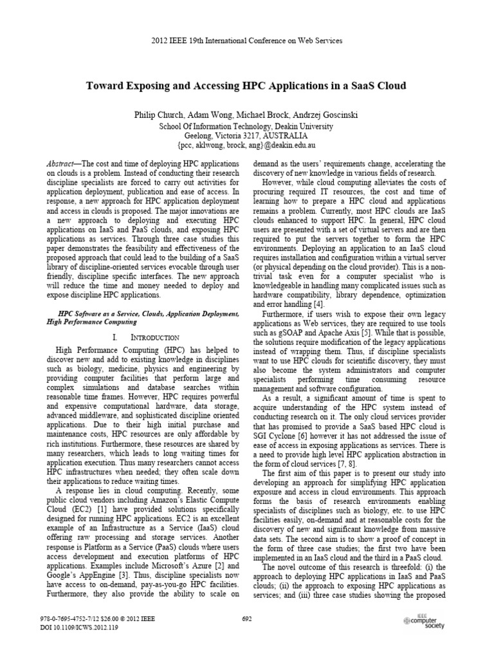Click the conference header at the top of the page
(246, 41)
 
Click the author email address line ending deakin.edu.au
(246, 146)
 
